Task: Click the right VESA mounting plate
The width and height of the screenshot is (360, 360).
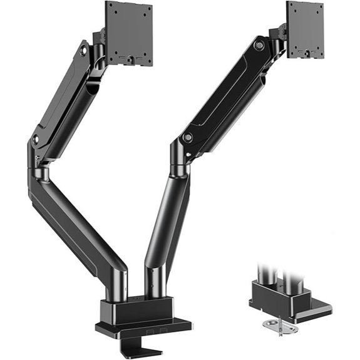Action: [305, 29]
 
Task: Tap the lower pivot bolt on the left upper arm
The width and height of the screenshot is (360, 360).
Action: [36, 138]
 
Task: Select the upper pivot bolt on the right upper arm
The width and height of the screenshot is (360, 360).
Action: [259, 44]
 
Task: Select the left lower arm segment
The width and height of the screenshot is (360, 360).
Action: [75, 232]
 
